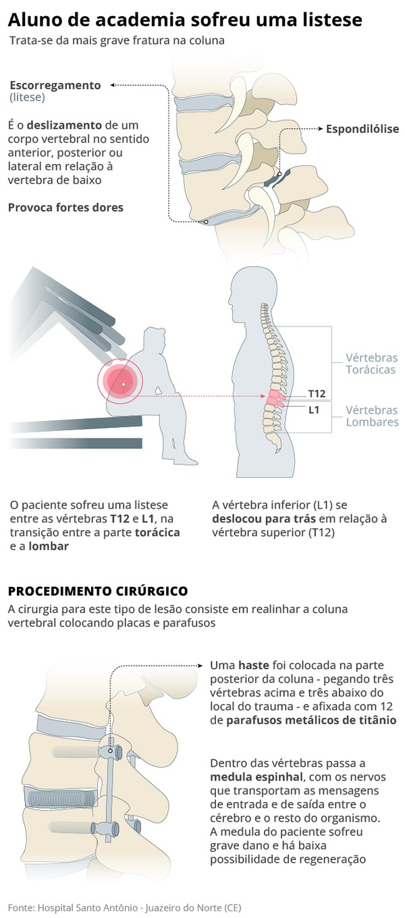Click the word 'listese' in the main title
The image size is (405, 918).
point(327,19)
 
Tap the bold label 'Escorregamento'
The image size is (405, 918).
point(55,85)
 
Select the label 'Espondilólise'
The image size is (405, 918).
point(362,129)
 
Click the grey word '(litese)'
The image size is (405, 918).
point(27,97)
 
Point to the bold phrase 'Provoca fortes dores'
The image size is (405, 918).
point(65,207)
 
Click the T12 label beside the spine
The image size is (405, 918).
point(317,394)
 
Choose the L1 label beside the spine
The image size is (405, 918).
point(314,410)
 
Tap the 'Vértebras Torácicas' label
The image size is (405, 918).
point(371,364)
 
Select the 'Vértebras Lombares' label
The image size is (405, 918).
point(372,416)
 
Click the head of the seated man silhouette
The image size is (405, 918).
point(155,340)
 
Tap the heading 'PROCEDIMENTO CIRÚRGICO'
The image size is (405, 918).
point(98,591)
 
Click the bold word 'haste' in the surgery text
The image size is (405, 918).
point(253,665)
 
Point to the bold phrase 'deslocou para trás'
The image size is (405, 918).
point(263,519)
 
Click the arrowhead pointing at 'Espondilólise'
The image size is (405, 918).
point(321,129)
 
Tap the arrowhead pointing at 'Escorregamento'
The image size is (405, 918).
point(112,85)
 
